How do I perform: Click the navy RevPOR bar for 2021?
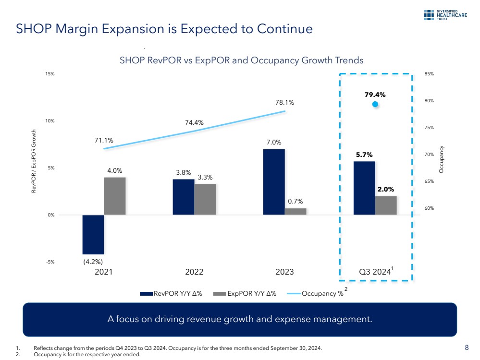[x=93, y=234]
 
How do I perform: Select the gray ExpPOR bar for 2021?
[x=115, y=196]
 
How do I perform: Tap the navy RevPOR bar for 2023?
[x=274, y=182]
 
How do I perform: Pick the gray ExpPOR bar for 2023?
[x=295, y=212]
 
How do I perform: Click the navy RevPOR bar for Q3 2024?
[x=364, y=188]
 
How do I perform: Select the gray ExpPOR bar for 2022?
[x=205, y=199]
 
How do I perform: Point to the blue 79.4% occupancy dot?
[x=375, y=104]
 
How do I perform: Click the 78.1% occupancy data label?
[x=285, y=102]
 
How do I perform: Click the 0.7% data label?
[x=295, y=201]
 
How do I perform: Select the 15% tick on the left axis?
[x=50, y=74]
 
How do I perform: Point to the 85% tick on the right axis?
[x=429, y=74]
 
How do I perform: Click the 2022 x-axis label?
[x=194, y=272]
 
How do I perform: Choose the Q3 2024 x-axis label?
[x=375, y=272]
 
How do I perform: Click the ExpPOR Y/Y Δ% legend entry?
[x=245, y=294]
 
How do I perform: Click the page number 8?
[x=467, y=347]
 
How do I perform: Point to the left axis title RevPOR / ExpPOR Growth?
[x=34, y=161]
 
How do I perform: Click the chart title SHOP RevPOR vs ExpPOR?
[x=241, y=60]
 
